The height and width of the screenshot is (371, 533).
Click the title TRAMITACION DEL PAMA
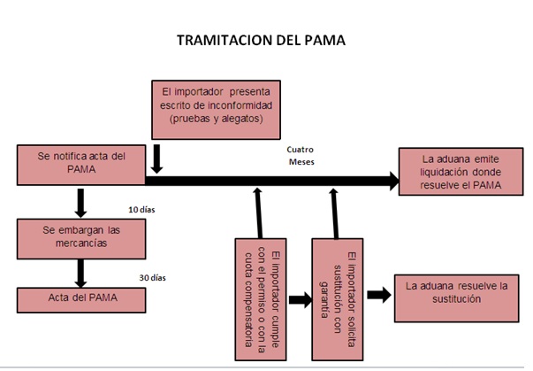261,40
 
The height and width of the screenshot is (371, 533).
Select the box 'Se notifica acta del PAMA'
80,166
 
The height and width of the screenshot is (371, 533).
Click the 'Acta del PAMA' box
80,298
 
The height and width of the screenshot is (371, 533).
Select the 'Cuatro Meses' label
301,156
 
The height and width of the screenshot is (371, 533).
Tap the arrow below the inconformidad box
156,159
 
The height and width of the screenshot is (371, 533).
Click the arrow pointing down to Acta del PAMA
80,270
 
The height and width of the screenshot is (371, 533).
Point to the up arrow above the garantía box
335,212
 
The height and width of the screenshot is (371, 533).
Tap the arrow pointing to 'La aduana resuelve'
378,295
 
